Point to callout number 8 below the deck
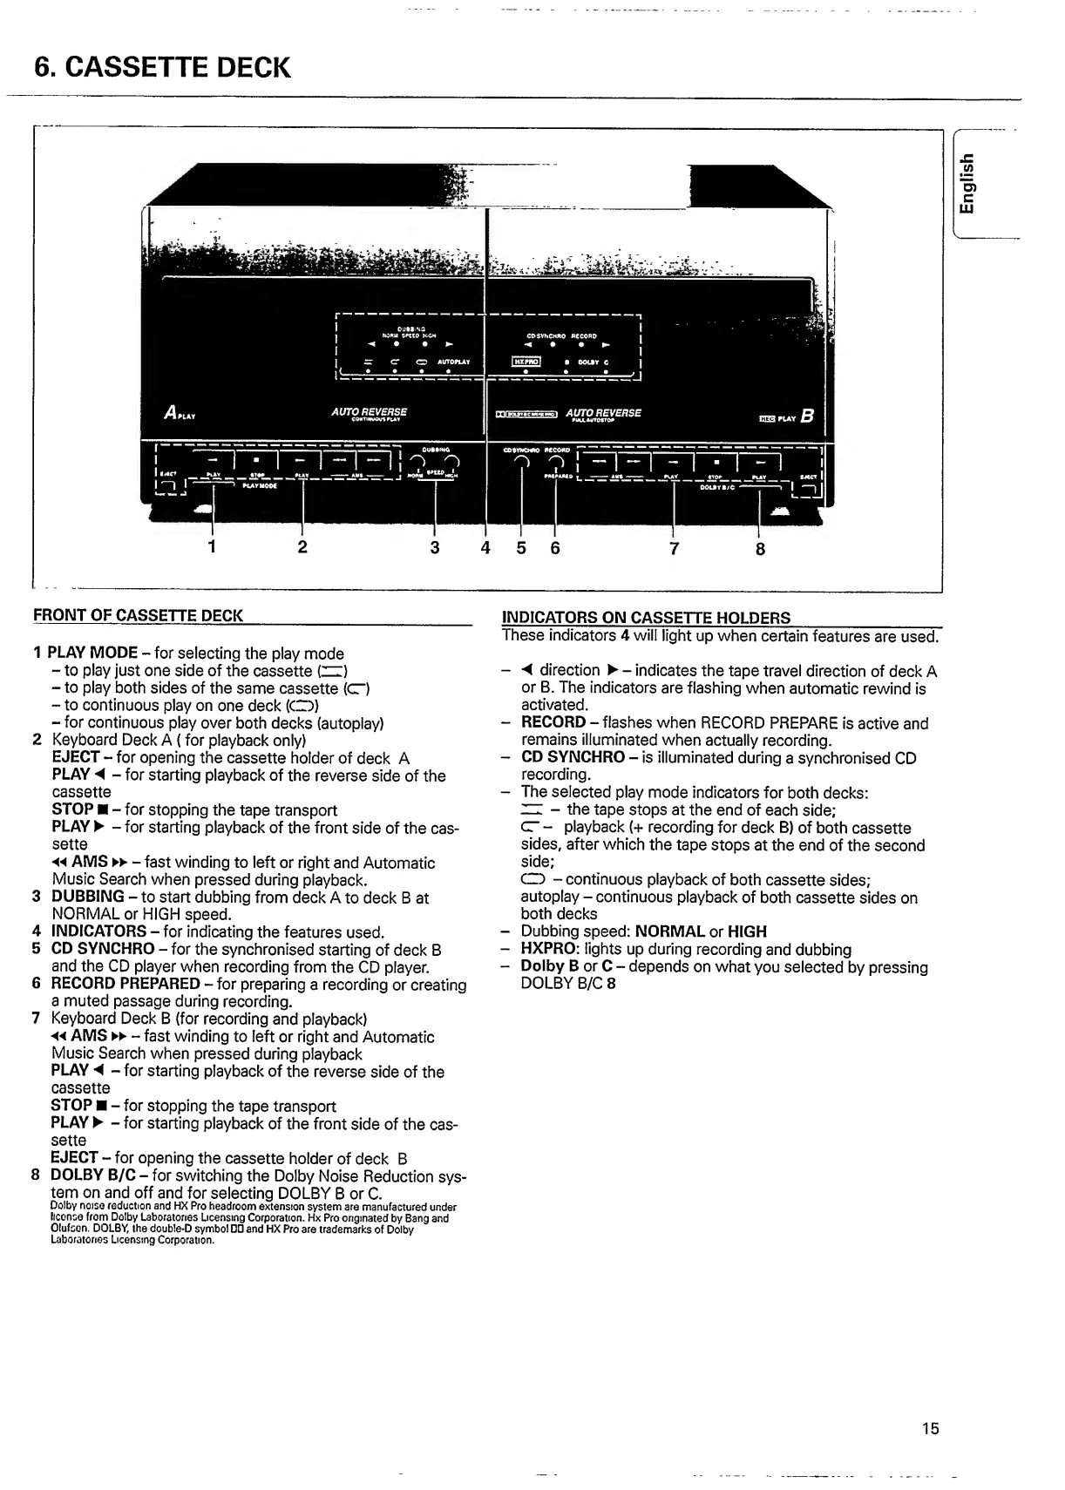coord(760,549)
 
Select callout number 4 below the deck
coord(485,548)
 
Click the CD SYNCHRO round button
coord(520,462)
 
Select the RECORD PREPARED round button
coord(555,462)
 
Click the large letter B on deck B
coord(806,417)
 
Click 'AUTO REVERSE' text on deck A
coord(369,411)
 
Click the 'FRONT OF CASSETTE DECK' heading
coord(138,616)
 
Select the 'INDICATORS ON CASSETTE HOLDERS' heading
coord(647,618)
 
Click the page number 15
coord(930,1427)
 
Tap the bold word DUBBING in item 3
coord(88,897)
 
